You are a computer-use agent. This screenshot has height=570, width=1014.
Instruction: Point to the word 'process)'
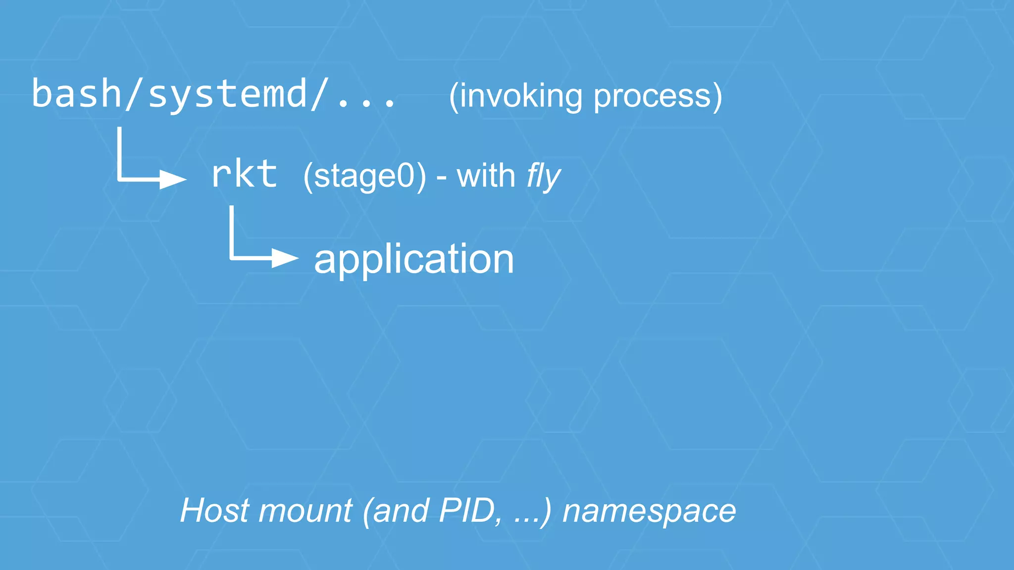[x=658, y=96]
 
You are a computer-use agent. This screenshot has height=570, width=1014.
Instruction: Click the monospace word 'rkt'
[x=244, y=174]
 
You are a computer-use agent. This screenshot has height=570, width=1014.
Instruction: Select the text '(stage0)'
[x=364, y=177]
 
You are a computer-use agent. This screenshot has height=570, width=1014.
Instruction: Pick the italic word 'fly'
[x=543, y=177]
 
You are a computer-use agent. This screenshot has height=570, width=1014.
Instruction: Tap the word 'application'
[x=414, y=259]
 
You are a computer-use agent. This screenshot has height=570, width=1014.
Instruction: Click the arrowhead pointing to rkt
[x=173, y=179]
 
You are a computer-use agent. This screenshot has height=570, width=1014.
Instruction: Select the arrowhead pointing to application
[x=285, y=258]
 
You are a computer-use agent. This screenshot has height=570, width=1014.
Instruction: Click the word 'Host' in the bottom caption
[x=214, y=510]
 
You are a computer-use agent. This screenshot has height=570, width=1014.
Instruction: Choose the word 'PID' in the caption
[x=470, y=510]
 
